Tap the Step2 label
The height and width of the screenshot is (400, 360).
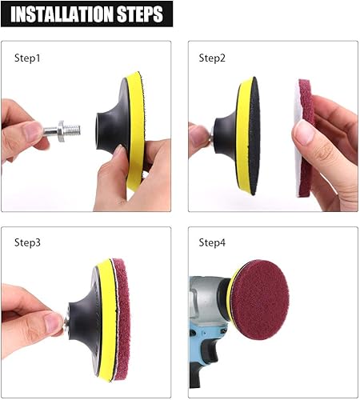click(211, 58)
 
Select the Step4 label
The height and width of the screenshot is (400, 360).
click(212, 243)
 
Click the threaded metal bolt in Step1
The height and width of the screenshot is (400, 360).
click(64, 128)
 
